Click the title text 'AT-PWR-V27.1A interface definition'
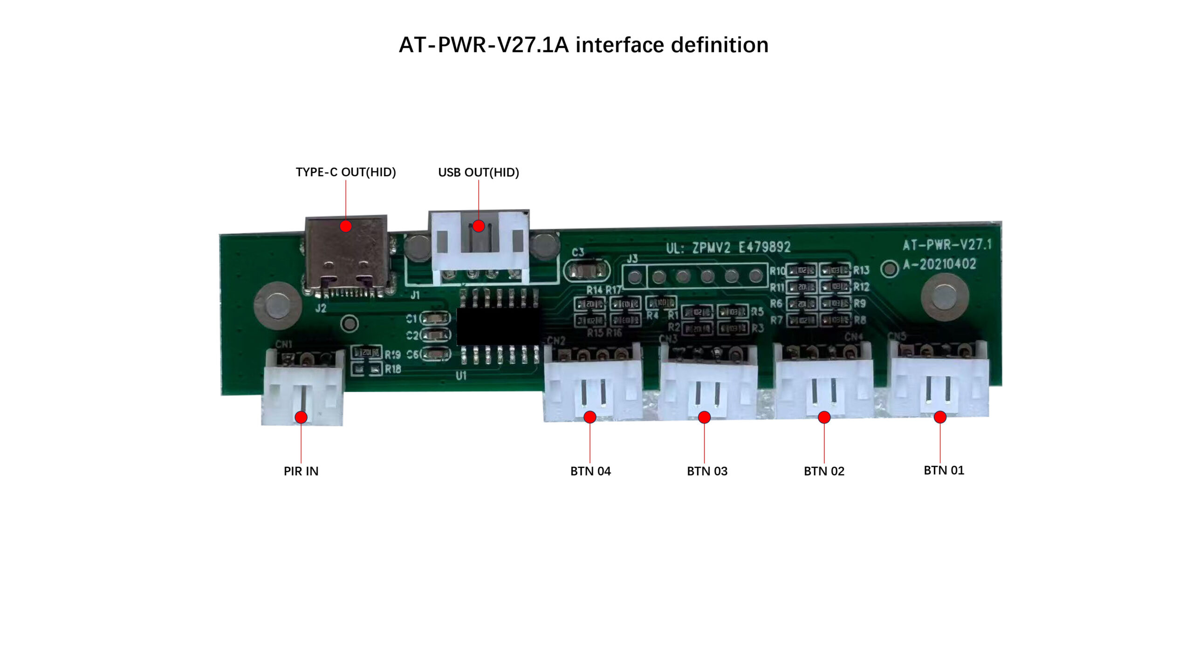pos(583,45)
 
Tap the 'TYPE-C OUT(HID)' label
pos(346,172)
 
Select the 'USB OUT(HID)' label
pos(479,172)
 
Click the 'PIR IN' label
pos(301,471)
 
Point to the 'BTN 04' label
pos(590,471)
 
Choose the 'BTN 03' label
pos(707,471)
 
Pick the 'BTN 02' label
pos(824,471)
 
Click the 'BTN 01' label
pos(944,470)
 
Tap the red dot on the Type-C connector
pos(346,226)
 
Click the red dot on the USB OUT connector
pos(479,226)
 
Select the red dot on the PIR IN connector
pos(301,417)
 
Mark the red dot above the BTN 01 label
pos(940,417)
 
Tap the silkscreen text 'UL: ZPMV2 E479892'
pos(728,247)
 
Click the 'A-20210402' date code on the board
pos(939,265)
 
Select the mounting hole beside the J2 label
pos(277,306)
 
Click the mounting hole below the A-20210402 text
pos(945,297)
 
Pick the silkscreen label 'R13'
pos(861,270)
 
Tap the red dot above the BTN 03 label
pos(704,417)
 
